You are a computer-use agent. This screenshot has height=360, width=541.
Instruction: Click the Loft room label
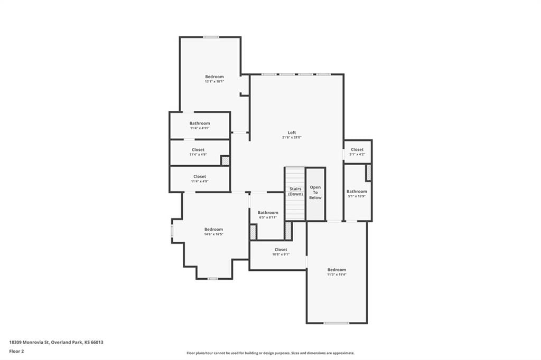click(x=292, y=132)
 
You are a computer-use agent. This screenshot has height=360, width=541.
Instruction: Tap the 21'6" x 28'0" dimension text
click(x=292, y=137)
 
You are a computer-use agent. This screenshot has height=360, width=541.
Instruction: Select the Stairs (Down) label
click(x=295, y=192)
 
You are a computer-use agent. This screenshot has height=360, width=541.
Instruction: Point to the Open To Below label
click(x=315, y=193)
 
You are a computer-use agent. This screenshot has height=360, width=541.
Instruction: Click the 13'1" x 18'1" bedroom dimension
click(x=214, y=81)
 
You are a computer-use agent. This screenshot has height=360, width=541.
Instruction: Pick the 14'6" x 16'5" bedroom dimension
click(x=213, y=234)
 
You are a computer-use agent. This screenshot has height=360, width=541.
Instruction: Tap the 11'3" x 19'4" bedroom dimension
click(x=337, y=274)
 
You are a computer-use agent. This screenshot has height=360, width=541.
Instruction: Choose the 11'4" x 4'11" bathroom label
click(x=200, y=126)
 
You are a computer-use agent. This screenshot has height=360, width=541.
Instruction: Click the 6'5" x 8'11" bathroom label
click(x=268, y=215)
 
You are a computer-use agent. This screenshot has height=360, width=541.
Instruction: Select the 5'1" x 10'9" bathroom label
click(x=357, y=194)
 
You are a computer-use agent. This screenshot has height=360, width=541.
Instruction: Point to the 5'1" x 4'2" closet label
click(x=357, y=152)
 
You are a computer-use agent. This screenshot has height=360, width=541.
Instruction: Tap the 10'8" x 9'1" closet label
click(x=281, y=252)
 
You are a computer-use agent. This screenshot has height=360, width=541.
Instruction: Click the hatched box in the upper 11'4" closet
click(x=225, y=160)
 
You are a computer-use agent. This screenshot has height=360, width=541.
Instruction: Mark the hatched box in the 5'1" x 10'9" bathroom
click(x=369, y=173)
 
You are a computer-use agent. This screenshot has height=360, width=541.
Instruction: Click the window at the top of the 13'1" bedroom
click(x=210, y=37)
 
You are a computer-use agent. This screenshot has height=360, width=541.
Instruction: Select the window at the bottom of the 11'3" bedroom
click(x=336, y=323)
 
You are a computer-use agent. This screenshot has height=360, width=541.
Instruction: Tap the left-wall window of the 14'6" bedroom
click(x=172, y=231)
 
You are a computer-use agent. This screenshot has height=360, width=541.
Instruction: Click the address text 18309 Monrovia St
click(x=30, y=343)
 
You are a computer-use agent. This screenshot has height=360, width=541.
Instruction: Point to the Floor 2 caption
click(x=16, y=352)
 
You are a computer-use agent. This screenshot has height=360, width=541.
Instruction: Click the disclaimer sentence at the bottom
click(x=270, y=353)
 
